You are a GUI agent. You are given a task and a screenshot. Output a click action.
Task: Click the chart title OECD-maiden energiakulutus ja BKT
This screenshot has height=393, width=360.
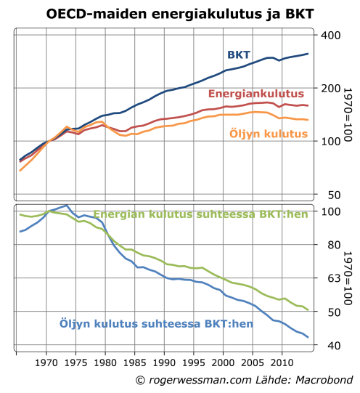tap(180, 13)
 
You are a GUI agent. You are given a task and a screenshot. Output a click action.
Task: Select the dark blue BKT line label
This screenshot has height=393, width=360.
tap(239, 55)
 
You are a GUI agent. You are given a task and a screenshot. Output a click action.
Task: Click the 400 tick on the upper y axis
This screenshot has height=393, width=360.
tap(331, 35)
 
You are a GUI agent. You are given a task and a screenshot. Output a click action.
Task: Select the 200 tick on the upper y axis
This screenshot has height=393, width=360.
tap(331, 88)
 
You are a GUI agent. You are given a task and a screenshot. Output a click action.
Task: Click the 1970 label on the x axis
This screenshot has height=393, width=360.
tap(46, 361)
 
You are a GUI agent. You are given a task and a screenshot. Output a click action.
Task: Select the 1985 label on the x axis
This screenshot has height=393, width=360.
tap(134, 361)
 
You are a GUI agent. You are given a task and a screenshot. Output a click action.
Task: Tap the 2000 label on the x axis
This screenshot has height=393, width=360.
tap(222, 361)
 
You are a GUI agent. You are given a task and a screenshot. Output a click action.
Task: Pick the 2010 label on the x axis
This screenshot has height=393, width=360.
tap(281, 361)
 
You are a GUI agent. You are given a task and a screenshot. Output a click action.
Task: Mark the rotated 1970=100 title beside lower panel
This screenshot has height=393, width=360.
tap(348, 277)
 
